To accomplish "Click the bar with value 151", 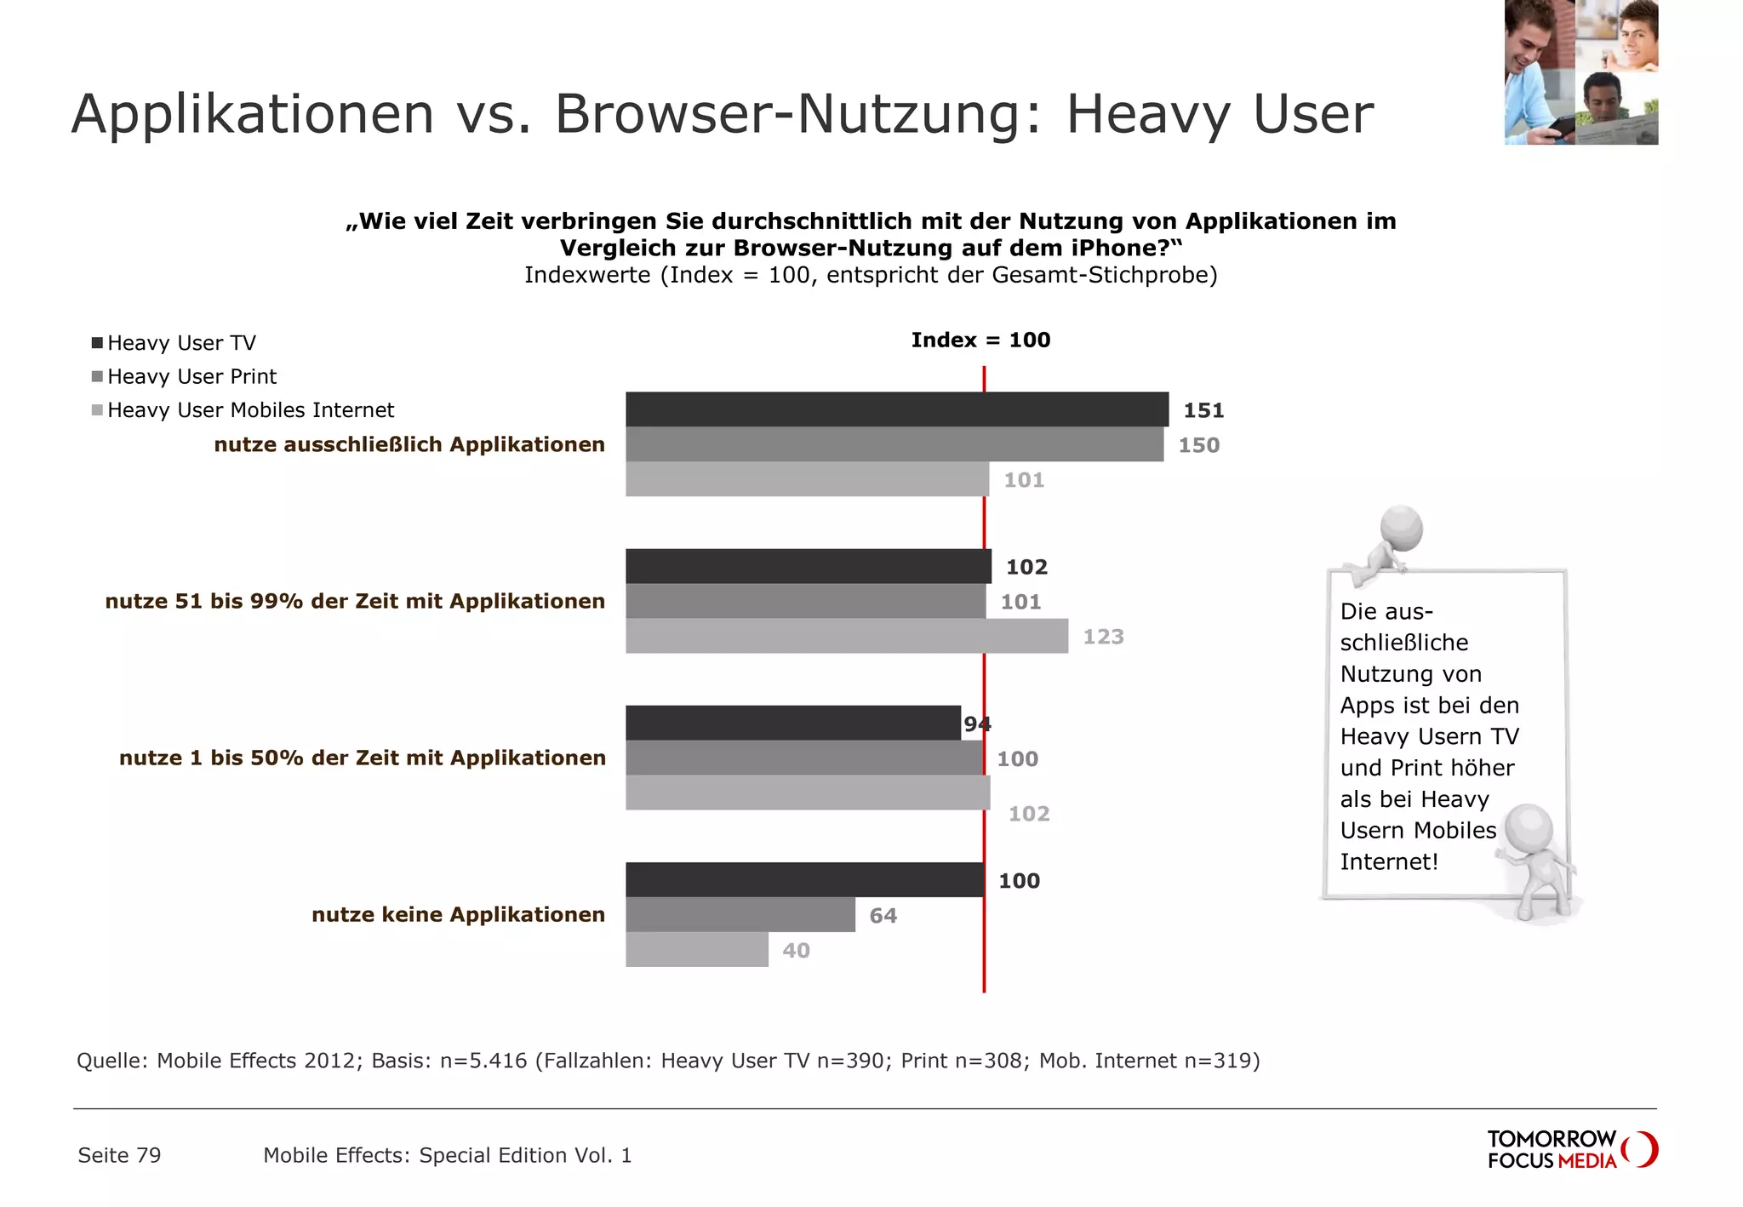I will (x=897, y=409).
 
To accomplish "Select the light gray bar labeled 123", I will (x=847, y=636).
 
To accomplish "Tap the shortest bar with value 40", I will (x=697, y=949).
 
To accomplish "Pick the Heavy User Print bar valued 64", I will (x=740, y=914).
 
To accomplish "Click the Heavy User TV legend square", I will (x=98, y=343).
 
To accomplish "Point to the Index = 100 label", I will (x=980, y=340).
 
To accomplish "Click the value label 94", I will (x=977, y=724).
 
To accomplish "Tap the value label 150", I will (x=1198, y=445).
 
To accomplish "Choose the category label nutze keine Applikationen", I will (x=458, y=915).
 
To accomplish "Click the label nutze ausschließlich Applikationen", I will (x=409, y=444).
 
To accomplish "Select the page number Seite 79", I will (x=119, y=1155).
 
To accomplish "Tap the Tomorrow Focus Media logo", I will (x=1571, y=1149).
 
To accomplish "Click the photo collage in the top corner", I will (x=1580, y=72).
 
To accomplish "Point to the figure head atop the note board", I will (x=1401, y=527).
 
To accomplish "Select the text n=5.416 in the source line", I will (x=483, y=1061).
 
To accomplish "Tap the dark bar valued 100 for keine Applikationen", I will (x=804, y=879).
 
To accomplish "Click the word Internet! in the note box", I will (x=1389, y=862).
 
